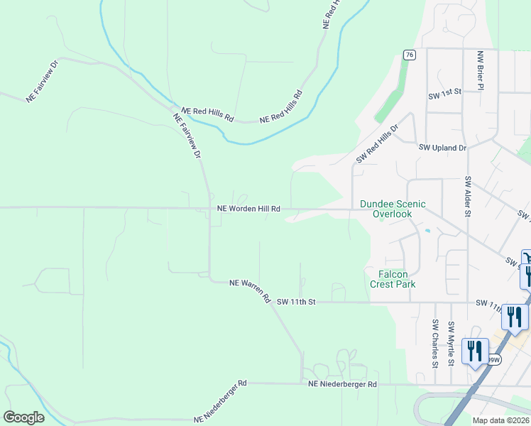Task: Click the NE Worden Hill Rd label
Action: (x=248, y=209)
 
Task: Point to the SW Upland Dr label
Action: (x=442, y=148)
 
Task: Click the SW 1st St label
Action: (x=444, y=93)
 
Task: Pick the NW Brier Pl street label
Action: (x=481, y=70)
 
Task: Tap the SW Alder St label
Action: (x=468, y=195)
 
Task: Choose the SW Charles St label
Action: (x=435, y=344)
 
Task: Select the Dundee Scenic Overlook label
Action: (x=393, y=209)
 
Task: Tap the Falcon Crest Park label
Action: (x=393, y=278)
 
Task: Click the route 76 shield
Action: (x=408, y=55)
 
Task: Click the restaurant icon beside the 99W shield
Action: (x=473, y=351)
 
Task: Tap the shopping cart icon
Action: (x=526, y=258)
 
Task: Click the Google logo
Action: (x=23, y=417)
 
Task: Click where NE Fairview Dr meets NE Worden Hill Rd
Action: (x=209, y=209)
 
